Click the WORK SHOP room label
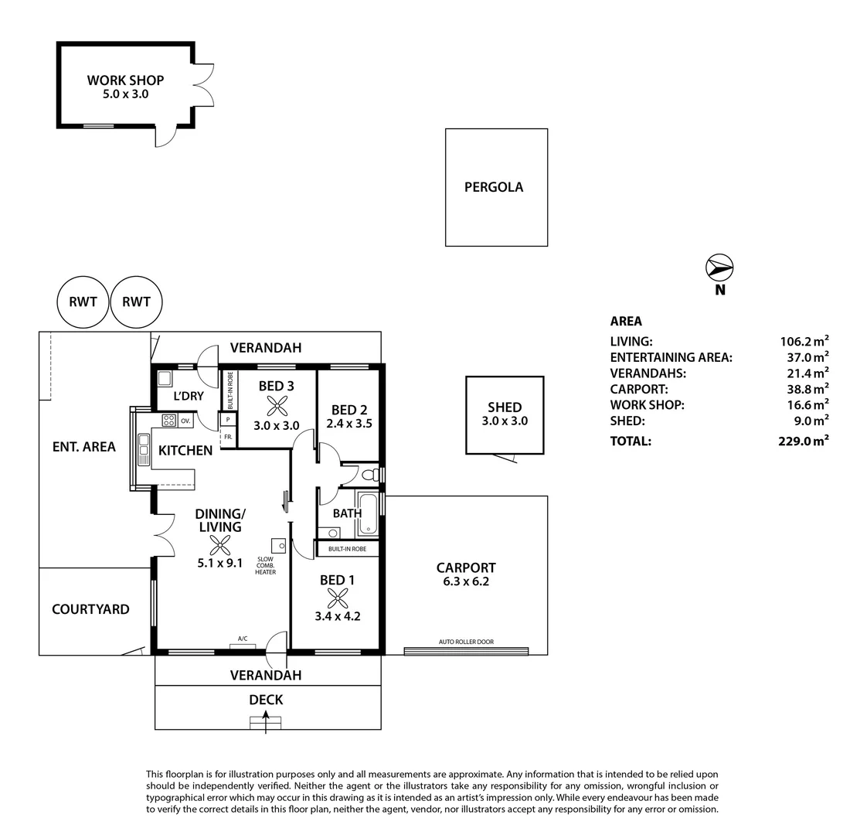(x=125, y=80)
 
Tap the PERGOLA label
(x=493, y=186)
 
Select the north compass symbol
(x=719, y=268)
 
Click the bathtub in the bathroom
(x=369, y=514)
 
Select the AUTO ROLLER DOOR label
(x=465, y=642)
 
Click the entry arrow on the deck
(x=267, y=722)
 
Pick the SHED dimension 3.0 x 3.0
(x=504, y=421)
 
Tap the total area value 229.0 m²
(x=804, y=441)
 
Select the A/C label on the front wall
(x=242, y=639)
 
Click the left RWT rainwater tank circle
(x=83, y=302)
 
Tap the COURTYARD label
(x=90, y=609)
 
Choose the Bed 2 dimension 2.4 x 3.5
(x=348, y=424)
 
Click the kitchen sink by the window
(x=143, y=448)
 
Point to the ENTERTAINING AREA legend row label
(x=671, y=357)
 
